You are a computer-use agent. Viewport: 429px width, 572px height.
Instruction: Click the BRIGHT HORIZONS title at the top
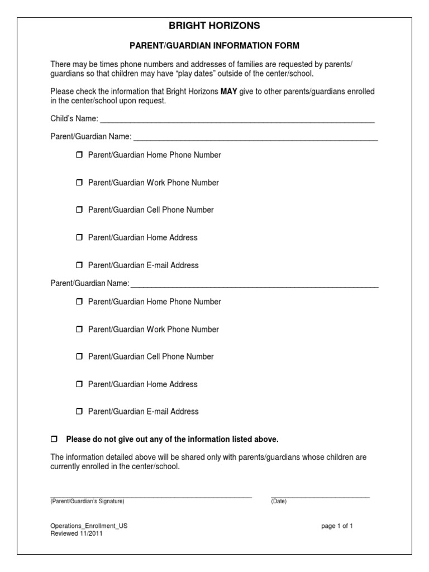pos(214,26)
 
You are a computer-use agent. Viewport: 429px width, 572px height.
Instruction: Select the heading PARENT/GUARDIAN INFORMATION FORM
pos(214,45)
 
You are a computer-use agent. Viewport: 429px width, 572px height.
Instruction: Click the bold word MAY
pos(229,92)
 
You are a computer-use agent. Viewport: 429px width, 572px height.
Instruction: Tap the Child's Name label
pos(74,118)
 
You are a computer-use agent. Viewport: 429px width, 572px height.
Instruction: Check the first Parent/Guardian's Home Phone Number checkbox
pos(79,155)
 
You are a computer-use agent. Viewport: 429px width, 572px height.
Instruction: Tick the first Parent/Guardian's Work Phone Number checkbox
pos(79,183)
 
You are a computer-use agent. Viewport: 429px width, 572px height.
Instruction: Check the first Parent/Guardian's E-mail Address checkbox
pos(79,265)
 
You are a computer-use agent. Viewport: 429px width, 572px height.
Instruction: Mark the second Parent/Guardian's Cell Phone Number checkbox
pos(79,357)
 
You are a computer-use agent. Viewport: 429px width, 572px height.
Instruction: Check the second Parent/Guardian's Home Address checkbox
pos(79,384)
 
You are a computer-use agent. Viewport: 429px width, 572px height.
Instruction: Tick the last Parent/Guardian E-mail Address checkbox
pos(79,412)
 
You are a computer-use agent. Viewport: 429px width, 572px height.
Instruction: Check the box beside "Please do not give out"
pos(54,439)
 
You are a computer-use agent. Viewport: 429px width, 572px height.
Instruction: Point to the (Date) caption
pos(279,502)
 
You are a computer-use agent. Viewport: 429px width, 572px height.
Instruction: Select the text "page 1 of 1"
pos(337,526)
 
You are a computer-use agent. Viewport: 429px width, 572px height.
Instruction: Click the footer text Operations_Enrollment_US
pos(85,526)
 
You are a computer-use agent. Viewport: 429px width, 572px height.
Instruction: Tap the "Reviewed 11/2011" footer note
pos(77,533)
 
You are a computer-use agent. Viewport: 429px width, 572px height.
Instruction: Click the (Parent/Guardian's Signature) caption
pos(87,502)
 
